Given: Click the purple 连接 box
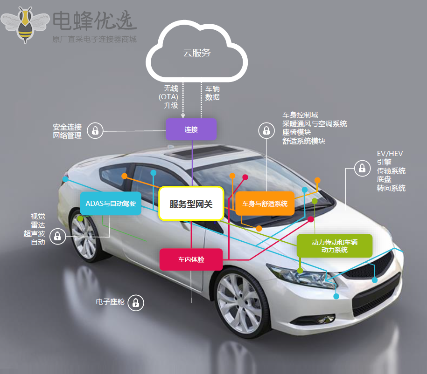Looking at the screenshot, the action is (x=191, y=129).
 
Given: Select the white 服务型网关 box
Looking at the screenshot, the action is (x=191, y=204).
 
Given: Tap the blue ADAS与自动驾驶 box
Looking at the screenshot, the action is (x=111, y=204).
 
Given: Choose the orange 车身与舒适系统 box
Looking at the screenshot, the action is (x=265, y=204).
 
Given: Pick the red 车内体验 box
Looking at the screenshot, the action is (x=191, y=259).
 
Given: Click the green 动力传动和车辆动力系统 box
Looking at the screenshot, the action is (x=335, y=246).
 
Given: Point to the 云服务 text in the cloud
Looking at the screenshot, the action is (x=196, y=53).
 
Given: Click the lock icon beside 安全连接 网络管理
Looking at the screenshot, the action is (x=95, y=131).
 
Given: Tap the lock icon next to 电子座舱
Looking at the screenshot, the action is (x=136, y=303).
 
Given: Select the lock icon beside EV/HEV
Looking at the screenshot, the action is (x=362, y=168).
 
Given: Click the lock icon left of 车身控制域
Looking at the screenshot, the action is (x=266, y=130).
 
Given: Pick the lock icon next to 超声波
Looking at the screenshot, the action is (x=57, y=236).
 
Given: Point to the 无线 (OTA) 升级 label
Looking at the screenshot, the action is (x=168, y=97).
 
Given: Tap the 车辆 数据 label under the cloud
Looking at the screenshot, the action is (x=212, y=93).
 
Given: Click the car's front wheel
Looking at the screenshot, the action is (x=240, y=302).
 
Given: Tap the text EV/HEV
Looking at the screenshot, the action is (x=390, y=154).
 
